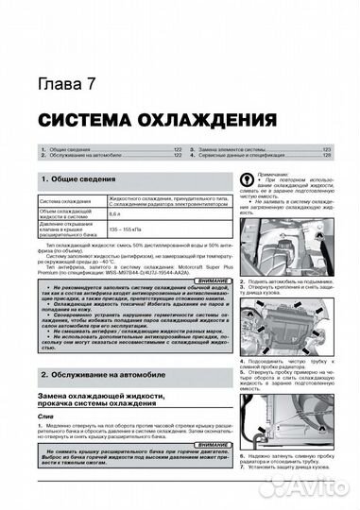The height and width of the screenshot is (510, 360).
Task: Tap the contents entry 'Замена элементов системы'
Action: click(x=238, y=151)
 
